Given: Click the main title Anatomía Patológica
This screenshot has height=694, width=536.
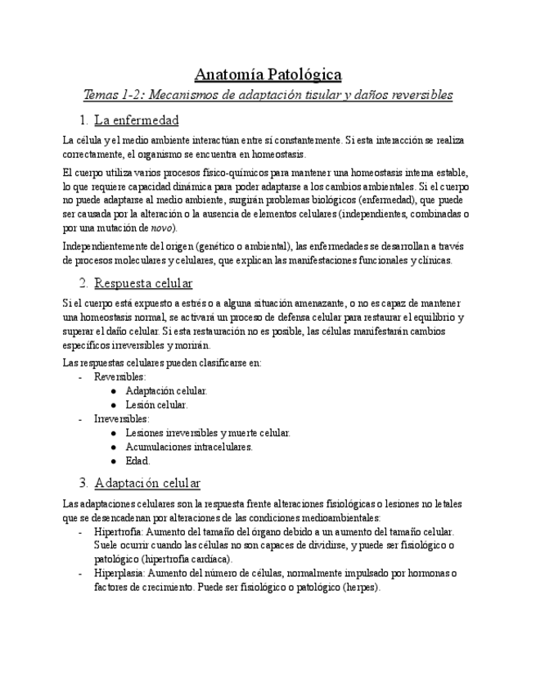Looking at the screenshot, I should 268,74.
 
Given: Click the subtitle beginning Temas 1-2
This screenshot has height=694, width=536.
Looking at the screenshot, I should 268,95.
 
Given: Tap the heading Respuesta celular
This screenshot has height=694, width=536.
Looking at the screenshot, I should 143,283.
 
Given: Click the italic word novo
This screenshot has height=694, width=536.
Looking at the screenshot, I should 161,228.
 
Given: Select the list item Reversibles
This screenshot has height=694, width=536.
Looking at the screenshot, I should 119,376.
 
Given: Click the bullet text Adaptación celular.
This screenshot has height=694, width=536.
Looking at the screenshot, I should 166,390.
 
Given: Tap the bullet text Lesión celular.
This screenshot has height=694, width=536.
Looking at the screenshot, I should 156,404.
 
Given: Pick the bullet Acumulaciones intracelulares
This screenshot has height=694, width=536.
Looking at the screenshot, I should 189,446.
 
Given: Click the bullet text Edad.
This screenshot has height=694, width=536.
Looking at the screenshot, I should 137,460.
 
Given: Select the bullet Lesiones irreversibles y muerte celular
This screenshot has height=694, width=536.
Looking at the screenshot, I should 208,432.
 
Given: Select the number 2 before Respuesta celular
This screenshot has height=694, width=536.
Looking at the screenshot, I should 83,283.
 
